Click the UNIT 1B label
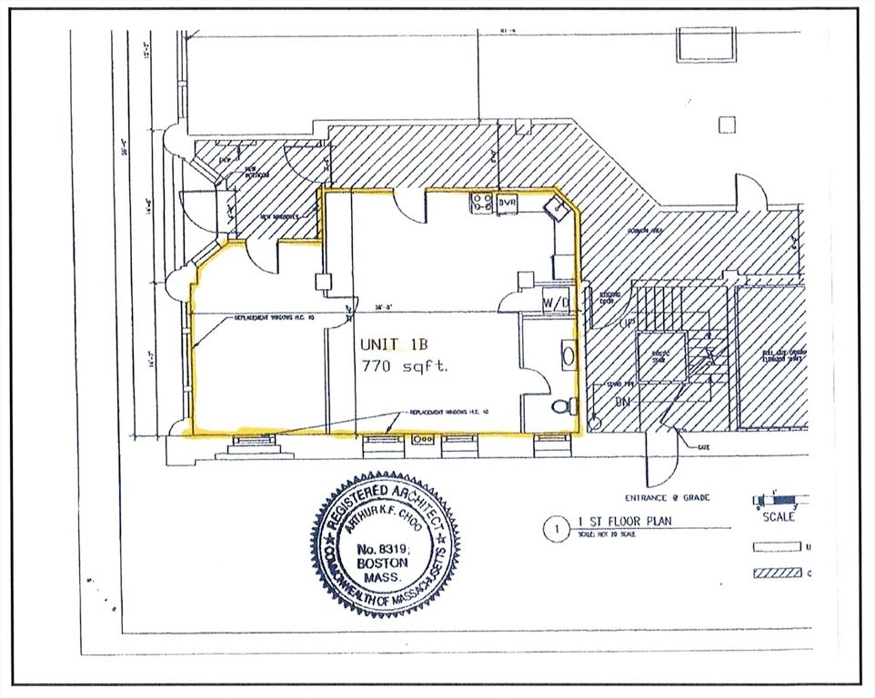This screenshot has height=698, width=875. click(x=393, y=344)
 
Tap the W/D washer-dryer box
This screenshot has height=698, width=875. click(x=556, y=302)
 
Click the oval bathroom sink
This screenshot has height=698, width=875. click(x=568, y=353)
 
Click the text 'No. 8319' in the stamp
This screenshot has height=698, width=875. click(x=385, y=549)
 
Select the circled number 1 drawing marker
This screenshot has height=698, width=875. click(x=551, y=527)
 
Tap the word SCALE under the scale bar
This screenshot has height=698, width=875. click(x=779, y=517)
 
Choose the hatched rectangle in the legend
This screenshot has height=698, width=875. click(x=778, y=573)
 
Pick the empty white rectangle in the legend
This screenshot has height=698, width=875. click(x=778, y=547)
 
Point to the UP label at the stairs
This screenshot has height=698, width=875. click(x=601, y=324)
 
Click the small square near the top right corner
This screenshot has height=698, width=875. click(x=726, y=125)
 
